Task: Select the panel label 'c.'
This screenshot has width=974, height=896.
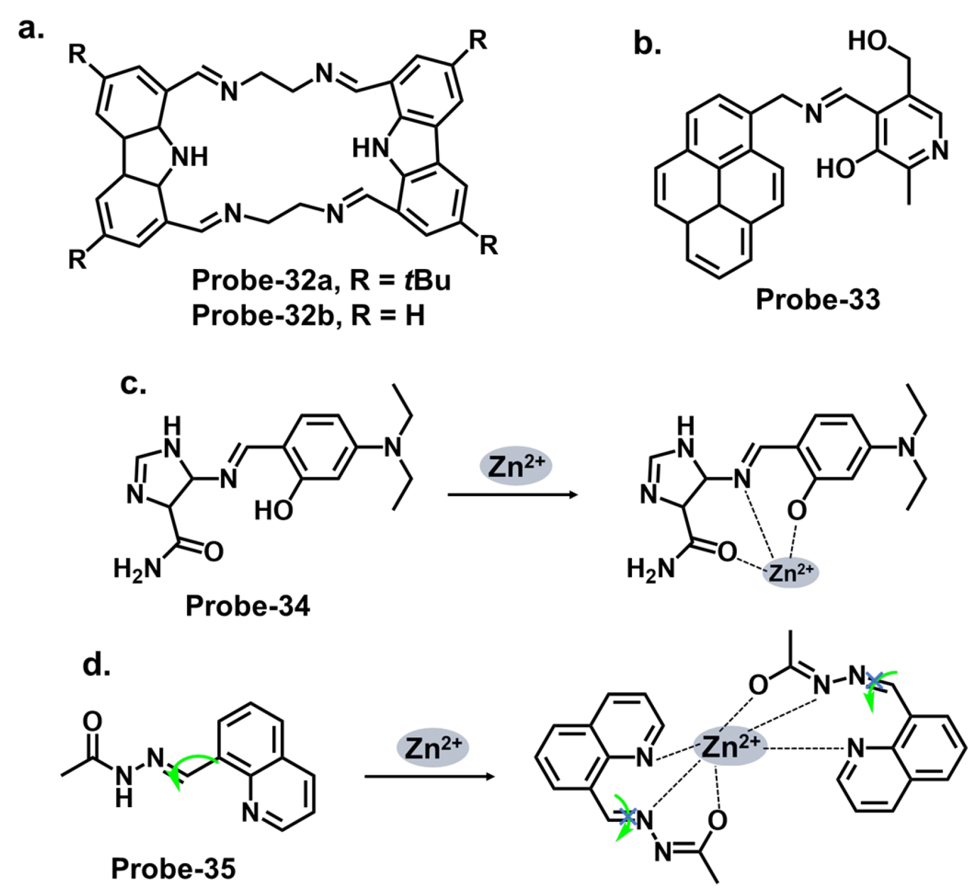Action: tap(133, 383)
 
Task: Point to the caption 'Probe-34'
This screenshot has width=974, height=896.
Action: tap(247, 606)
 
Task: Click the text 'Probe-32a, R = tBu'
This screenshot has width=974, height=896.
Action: tap(321, 280)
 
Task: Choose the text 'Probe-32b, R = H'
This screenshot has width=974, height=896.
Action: tap(308, 315)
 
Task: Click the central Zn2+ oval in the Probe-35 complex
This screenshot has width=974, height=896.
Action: tap(730, 746)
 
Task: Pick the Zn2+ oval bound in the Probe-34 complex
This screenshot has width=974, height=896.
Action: tap(791, 573)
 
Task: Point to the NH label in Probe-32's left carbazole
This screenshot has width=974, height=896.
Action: tap(190, 156)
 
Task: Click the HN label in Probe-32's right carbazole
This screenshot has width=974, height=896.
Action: tap(371, 149)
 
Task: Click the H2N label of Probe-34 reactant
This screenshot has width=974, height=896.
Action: tap(137, 568)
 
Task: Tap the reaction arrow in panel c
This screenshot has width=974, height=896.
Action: tap(512, 495)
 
